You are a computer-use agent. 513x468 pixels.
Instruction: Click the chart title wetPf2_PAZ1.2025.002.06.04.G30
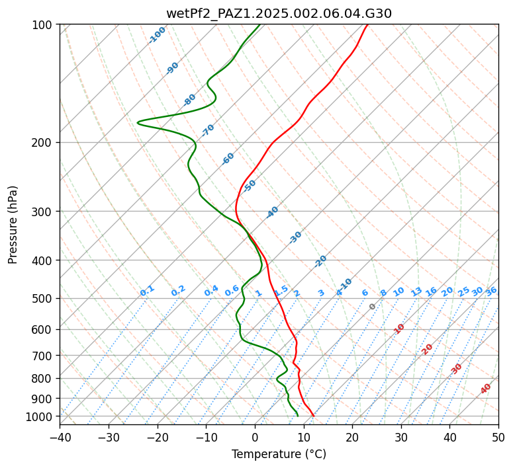[x=279, y=13]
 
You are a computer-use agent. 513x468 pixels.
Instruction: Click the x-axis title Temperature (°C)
[x=279, y=454]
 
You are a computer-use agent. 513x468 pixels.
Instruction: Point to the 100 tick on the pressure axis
[x=42, y=25]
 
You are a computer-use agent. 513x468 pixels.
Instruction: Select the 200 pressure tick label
[x=42, y=142]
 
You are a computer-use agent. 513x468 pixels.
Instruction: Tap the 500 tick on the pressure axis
[x=42, y=298]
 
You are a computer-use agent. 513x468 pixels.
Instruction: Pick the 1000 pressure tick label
[x=39, y=416]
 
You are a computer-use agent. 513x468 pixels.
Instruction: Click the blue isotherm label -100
[x=157, y=35]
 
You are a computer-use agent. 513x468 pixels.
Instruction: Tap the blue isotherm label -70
[x=208, y=130]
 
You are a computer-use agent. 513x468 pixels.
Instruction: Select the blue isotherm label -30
[x=295, y=237]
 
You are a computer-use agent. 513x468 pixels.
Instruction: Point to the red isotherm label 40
[x=486, y=389]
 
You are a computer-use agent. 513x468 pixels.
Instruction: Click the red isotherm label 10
[x=398, y=329]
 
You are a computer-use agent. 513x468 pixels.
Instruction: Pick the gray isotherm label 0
[x=373, y=307]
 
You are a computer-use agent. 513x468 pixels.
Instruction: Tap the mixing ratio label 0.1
[x=147, y=290]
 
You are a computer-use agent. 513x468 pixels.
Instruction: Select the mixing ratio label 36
[x=491, y=291]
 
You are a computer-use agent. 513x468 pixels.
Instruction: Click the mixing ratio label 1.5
[x=281, y=290]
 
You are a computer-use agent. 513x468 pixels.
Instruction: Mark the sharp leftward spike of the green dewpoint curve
[x=138, y=122]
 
